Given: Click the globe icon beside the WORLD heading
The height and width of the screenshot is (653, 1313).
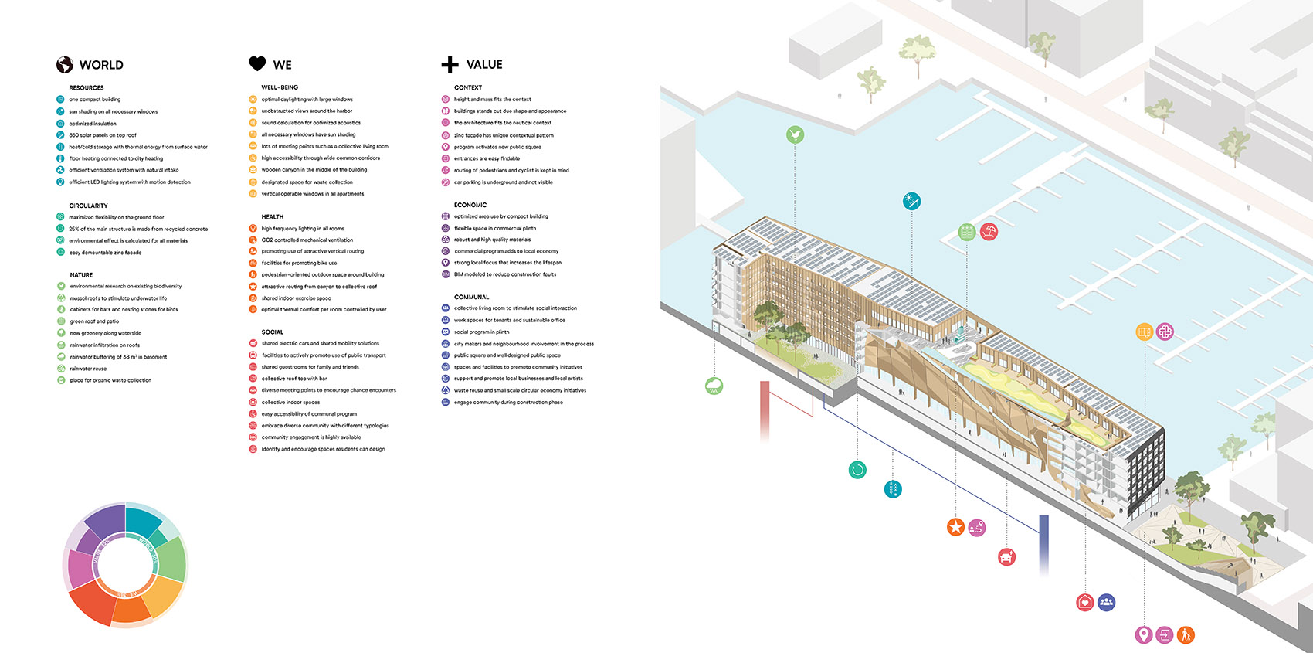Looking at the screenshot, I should pos(65,65).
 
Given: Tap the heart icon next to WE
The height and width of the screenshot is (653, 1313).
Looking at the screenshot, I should pos(257,64).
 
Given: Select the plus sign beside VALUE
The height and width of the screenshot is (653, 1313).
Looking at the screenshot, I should pos(450,65).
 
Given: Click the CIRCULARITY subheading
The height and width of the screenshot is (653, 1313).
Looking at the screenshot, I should pos(88,206).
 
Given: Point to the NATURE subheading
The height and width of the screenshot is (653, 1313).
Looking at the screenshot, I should pos(81,275).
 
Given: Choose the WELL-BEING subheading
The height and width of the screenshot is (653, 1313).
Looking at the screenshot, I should pos(280,87).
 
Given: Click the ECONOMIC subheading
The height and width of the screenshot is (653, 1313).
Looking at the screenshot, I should pos(470,205).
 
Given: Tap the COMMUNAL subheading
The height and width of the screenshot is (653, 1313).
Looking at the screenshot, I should pos(471,297).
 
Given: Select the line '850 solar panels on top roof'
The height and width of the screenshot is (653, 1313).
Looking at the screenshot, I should pos(103,135).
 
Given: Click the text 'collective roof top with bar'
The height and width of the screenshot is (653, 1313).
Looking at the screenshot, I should pos(294,379).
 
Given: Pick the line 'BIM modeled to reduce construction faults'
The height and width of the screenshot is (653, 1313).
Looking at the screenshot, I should pos(505,274).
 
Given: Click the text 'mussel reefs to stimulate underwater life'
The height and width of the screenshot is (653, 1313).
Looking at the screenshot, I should pos(118,298).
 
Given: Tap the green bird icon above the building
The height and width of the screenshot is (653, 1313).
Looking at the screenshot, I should pos(795,135).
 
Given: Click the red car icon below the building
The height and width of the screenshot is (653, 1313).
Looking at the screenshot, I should pos(1006,556).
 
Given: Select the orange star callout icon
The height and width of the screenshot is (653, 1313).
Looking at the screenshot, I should pos(955,527).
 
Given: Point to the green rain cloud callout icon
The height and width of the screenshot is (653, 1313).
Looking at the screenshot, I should pos(714,386).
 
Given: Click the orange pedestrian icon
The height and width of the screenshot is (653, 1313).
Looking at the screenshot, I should pos(1186,635).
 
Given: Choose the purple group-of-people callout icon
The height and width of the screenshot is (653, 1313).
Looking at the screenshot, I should pos(1107,602).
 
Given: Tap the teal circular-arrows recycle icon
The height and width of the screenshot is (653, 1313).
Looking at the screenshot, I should pos(857,469).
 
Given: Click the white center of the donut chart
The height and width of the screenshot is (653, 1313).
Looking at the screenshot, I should pos(124,565).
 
